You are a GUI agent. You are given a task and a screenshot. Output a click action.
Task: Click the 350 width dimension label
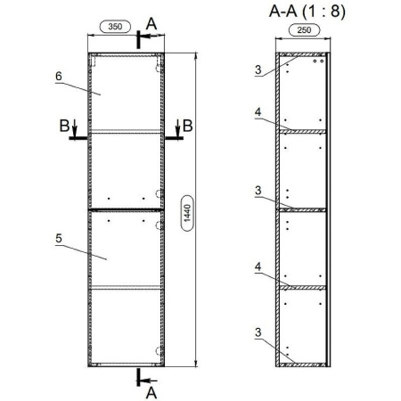tap(115, 27)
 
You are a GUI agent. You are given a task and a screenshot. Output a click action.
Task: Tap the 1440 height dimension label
tap(187, 213)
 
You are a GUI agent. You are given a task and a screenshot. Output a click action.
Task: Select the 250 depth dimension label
tap(304, 30)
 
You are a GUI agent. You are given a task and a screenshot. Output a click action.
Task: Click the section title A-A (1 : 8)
tap(307, 12)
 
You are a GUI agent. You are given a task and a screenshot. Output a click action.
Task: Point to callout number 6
tap(59, 77)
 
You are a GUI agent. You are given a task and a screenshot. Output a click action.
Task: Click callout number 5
tap(59, 239)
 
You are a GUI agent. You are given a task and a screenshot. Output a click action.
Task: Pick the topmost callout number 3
tap(258, 70)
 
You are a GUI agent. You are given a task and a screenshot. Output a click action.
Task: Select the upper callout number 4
tap(258, 112)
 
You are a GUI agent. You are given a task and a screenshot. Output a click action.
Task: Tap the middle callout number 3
tap(258, 191)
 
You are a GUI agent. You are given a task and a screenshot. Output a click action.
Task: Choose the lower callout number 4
tap(258, 266)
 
